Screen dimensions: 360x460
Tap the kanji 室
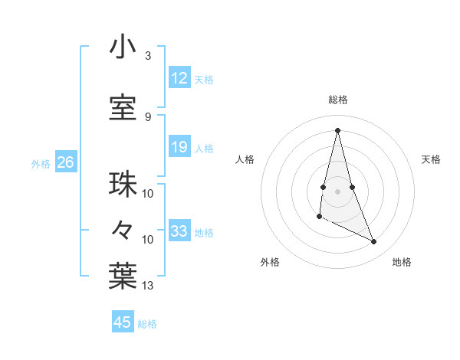click(x=123, y=108)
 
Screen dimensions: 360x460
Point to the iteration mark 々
click(x=123, y=229)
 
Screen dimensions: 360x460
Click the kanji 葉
click(x=123, y=277)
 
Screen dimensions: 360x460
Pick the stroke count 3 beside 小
click(x=147, y=57)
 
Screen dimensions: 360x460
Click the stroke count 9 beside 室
click(x=147, y=116)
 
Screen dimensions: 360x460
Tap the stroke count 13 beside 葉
click(x=148, y=286)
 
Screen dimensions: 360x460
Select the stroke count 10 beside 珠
click(x=148, y=193)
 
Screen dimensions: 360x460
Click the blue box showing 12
click(x=179, y=78)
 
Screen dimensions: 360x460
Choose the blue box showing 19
click(x=179, y=147)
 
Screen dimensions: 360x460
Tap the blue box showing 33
click(x=179, y=231)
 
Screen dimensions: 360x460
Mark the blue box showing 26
click(x=65, y=162)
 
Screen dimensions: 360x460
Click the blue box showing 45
click(x=123, y=322)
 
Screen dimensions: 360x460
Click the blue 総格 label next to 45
click(x=147, y=324)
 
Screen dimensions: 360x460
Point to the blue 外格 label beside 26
click(x=41, y=164)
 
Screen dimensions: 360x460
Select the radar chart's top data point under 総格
click(x=337, y=130)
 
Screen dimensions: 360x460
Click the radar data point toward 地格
click(x=374, y=242)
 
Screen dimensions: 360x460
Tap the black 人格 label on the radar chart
click(x=245, y=159)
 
